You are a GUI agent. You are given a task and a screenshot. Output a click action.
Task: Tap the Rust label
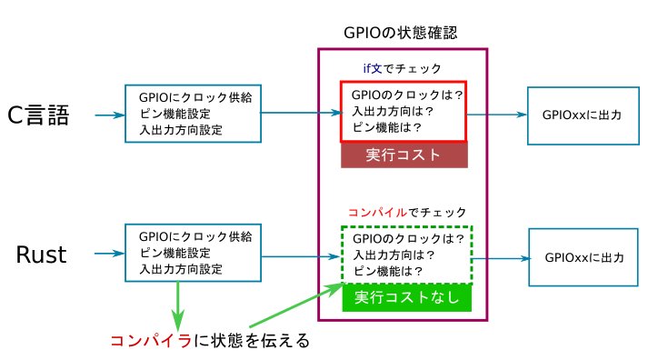click(42, 255)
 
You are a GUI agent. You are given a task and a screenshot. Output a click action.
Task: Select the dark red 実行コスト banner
click(404, 155)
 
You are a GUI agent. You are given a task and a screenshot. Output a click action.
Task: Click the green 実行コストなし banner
click(407, 297)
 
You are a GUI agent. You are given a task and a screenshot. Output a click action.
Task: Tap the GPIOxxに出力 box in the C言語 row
click(578, 115)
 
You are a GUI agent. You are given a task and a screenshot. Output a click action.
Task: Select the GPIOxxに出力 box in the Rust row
click(578, 257)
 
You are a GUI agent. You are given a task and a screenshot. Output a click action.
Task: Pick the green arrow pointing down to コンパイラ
click(178, 306)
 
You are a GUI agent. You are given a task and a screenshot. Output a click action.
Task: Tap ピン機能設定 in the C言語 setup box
click(175, 114)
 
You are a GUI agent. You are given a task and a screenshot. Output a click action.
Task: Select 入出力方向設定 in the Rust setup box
click(181, 270)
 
